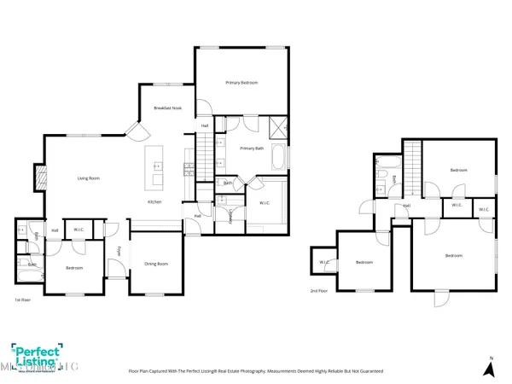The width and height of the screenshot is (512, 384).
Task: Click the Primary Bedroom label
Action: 241,83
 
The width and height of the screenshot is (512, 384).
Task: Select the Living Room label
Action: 90,178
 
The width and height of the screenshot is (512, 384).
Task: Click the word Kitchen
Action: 154,202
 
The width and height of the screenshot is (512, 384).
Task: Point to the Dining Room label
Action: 155,264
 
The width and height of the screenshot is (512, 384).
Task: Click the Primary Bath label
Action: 252,148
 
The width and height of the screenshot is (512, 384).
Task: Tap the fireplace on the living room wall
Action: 37,177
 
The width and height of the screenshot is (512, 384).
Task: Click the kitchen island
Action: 156,168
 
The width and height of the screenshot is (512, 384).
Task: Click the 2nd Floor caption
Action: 318,291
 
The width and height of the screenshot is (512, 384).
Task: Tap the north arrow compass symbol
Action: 489,367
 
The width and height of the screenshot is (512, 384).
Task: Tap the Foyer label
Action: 118,252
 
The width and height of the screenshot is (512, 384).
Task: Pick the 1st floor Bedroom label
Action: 73,268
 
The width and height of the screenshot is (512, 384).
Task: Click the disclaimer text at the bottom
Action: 255,372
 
